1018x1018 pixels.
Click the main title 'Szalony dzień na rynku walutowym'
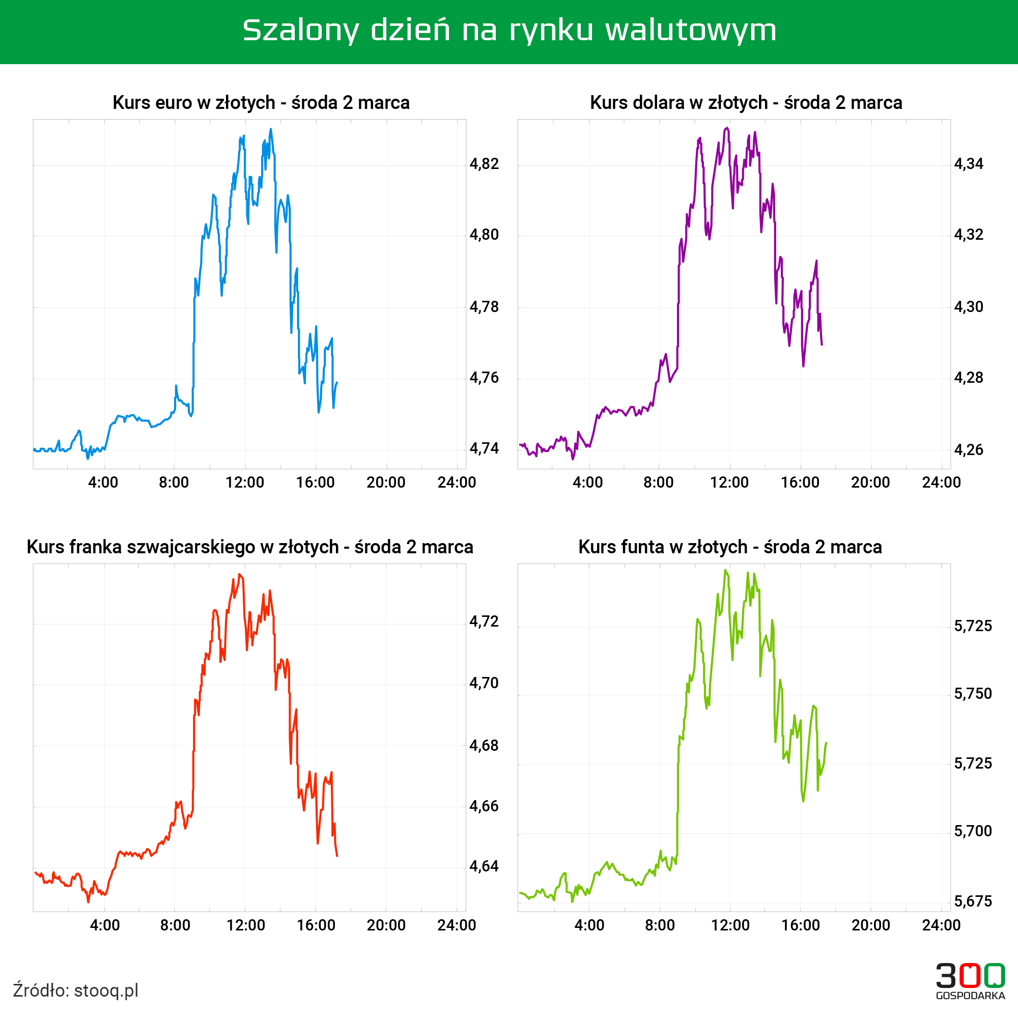pos(509,30)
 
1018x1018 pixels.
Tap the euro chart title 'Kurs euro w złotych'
pos(261,102)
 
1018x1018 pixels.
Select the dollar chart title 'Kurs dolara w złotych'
pos(746,102)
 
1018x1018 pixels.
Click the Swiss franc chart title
pos(250,547)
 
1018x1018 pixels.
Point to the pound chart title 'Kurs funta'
pos(730,547)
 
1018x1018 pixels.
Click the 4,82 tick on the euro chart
pos(484,164)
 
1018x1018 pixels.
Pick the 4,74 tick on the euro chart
pos(484,448)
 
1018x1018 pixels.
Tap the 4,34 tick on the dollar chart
pos(969,164)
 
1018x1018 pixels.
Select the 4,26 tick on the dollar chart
pos(969,450)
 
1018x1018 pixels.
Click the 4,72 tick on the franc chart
pos(484,622)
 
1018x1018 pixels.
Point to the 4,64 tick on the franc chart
pos(484,866)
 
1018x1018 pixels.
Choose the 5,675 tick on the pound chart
pos(973,901)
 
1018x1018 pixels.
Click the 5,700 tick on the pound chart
pos(973,832)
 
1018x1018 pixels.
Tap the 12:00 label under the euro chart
pos(244,483)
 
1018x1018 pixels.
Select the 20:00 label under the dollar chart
pos(870,483)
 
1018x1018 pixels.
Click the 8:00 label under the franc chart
pos(175,925)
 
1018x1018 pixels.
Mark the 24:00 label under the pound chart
pos(941,925)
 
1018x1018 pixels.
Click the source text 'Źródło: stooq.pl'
pos(76,990)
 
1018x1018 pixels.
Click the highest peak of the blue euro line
pos(271,129)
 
